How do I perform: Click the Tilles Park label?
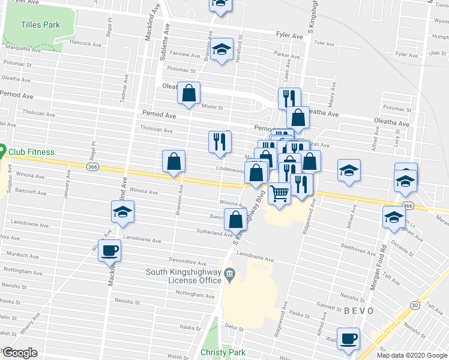pos(41,25)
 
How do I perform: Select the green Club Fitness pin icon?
pos(2,151)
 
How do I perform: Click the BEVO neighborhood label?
pos(359,311)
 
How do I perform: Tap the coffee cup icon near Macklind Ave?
pos(110,250)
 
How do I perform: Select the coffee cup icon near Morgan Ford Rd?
pos(348,338)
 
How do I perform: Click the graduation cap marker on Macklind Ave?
pos(122,212)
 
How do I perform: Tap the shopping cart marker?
pos(279,194)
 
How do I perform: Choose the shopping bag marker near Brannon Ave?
pos(173,161)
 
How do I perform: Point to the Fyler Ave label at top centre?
pos(289,36)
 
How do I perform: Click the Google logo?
pos(20,353)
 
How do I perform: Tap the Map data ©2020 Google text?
pos(411,355)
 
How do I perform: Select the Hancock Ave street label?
pos(86,43)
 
